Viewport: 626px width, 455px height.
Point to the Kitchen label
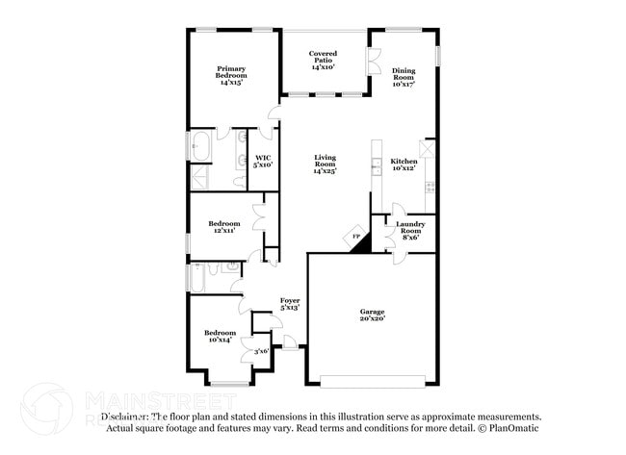point(403,162)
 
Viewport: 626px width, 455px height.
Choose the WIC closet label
point(262,158)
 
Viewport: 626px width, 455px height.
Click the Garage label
point(372,312)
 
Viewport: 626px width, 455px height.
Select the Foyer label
point(290,301)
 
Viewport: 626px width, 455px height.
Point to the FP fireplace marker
point(355,237)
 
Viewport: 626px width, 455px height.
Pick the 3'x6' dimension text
point(261,352)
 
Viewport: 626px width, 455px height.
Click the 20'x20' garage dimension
point(372,319)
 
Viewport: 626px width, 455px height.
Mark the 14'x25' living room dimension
point(324,171)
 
